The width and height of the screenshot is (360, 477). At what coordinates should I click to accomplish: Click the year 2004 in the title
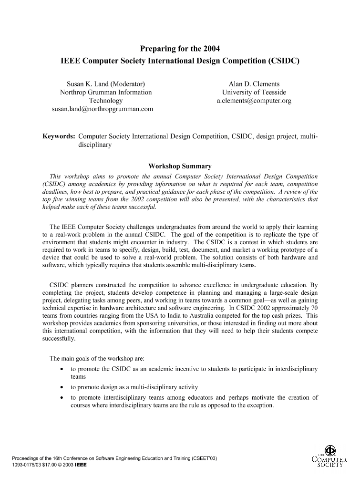211,48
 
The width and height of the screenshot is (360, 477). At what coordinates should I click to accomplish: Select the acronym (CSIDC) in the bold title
283,61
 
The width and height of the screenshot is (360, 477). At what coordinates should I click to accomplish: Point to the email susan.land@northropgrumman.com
102,109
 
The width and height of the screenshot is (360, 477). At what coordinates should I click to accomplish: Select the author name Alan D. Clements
254,84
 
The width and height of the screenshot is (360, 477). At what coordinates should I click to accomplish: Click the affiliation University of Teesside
254,92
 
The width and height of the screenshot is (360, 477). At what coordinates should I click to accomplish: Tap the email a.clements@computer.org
254,101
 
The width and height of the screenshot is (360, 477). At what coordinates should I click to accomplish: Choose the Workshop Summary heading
180,166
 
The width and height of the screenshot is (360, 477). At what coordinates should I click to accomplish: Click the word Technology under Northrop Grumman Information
105,101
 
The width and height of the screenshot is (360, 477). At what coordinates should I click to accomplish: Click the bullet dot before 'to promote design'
62,387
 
